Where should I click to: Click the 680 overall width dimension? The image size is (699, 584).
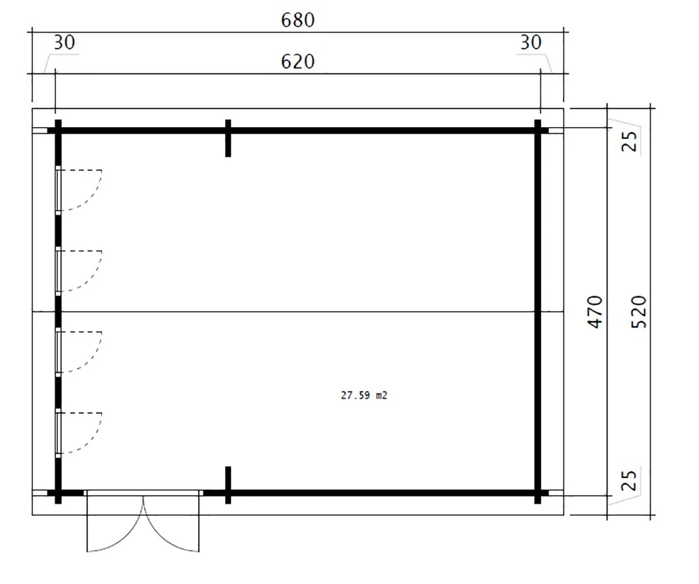coord(298,20)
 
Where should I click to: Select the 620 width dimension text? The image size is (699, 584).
coord(298,62)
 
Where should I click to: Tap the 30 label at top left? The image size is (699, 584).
coord(64,43)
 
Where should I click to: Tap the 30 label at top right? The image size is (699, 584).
coord(531,43)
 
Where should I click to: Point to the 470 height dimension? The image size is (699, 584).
coord(595,312)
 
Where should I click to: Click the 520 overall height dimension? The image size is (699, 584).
coord(638,312)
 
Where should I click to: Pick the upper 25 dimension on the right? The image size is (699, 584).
coord(629,142)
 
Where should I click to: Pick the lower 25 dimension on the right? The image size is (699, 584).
coord(629,480)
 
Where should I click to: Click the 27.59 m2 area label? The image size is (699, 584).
coord(364,395)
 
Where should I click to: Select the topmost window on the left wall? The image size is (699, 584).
coord(58,191)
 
